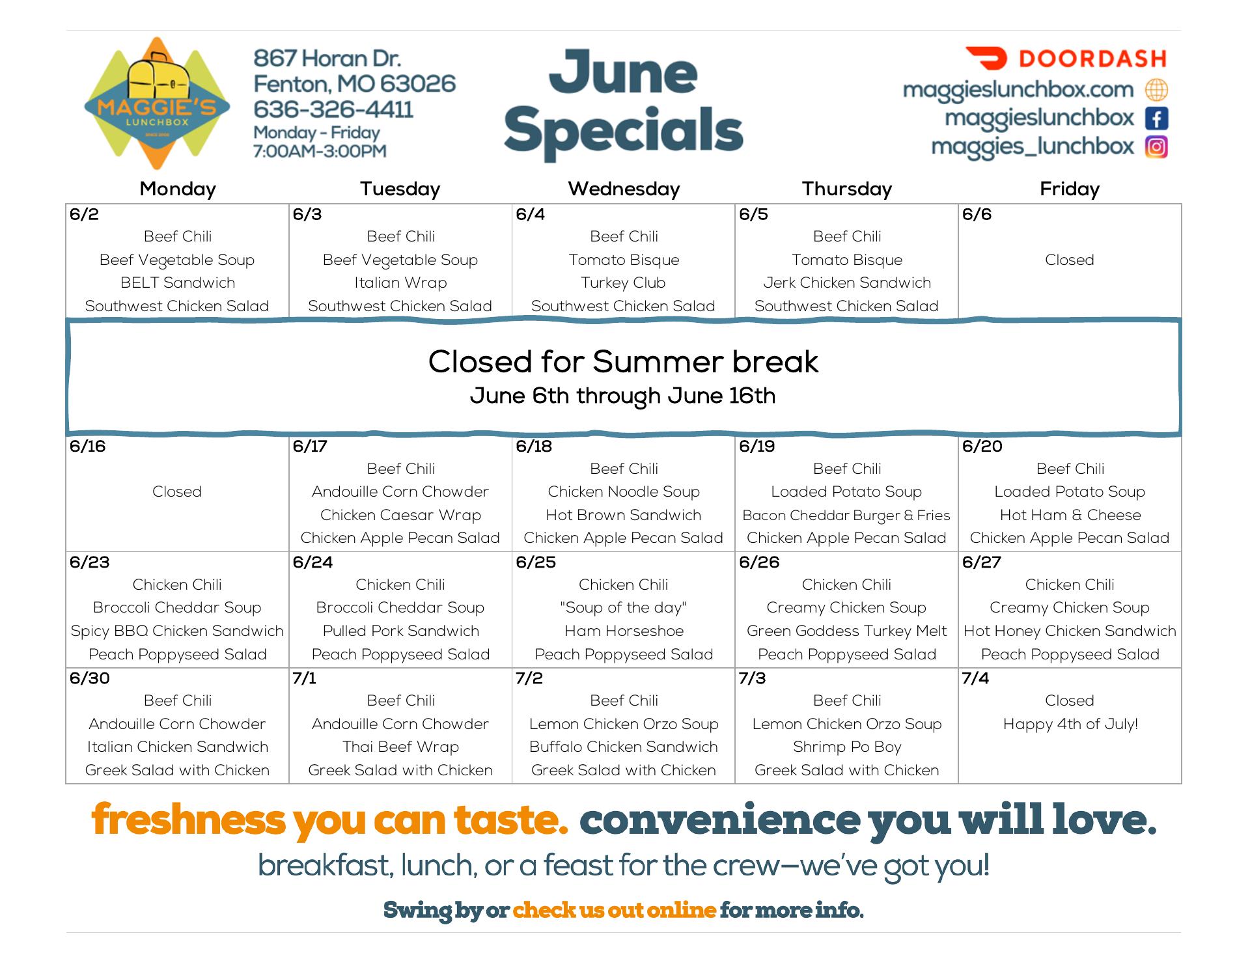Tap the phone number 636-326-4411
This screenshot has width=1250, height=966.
click(x=333, y=109)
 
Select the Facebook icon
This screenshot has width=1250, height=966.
click(x=1156, y=118)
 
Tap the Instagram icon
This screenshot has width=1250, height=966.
click(x=1156, y=147)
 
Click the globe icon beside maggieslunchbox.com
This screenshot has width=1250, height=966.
click(x=1156, y=90)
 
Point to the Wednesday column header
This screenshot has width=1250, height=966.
click(x=624, y=189)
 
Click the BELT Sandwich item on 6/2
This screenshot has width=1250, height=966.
click(x=178, y=283)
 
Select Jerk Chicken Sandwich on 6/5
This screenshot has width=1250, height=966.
click(x=847, y=283)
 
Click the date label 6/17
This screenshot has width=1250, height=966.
click(x=310, y=447)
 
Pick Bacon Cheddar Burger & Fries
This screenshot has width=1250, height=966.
click(x=846, y=515)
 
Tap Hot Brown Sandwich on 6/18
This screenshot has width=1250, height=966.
click(x=624, y=515)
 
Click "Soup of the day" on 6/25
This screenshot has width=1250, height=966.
click(x=624, y=607)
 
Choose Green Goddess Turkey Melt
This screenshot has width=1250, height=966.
click(x=846, y=631)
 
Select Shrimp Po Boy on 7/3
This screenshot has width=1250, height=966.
click(x=847, y=747)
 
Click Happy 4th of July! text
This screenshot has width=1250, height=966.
click(x=1070, y=724)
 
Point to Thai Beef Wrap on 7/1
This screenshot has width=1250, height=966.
click(x=400, y=747)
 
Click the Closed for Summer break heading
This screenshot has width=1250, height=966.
click(x=623, y=362)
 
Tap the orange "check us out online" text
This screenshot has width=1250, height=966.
click(x=615, y=909)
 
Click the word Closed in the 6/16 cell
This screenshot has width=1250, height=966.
click(x=177, y=491)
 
